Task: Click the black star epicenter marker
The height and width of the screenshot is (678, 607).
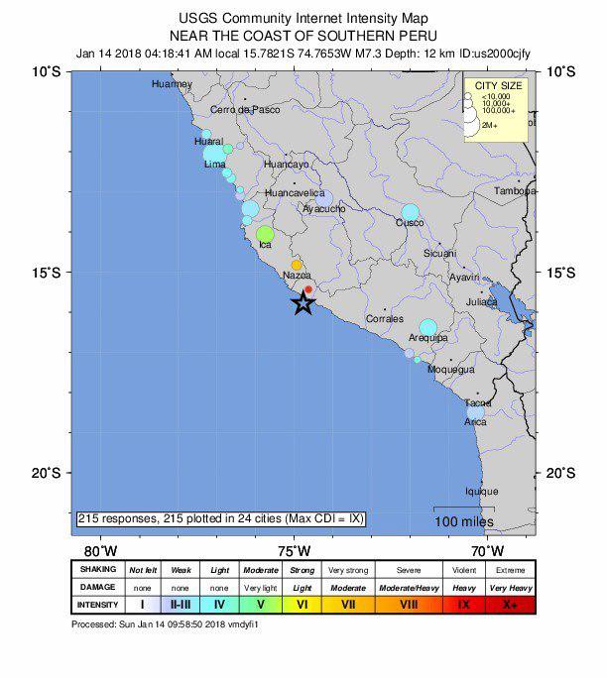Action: tap(303, 304)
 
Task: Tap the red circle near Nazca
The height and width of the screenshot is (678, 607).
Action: tap(308, 289)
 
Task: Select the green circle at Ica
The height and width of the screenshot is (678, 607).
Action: tap(264, 234)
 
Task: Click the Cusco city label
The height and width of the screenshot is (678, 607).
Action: tap(410, 223)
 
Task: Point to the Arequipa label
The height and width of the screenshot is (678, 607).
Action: tap(428, 338)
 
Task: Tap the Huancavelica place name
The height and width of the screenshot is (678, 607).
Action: tap(295, 193)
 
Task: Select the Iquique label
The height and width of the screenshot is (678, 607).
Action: tap(482, 491)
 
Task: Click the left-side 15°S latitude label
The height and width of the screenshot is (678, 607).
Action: tap(45, 273)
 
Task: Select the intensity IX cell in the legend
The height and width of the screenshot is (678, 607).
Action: tap(463, 604)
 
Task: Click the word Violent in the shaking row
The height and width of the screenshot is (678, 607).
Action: tap(463, 570)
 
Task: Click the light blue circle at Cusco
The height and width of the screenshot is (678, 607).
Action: tap(411, 212)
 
